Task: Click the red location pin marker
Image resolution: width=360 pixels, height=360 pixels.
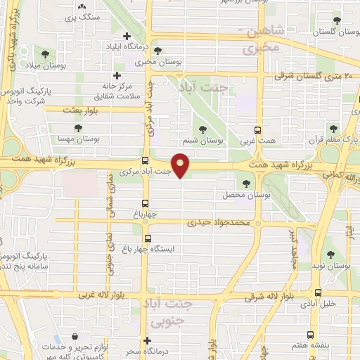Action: click(181, 167)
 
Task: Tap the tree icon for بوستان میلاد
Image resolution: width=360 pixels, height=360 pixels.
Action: click(44, 53)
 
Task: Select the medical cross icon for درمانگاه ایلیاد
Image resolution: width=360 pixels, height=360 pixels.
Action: click(127, 37)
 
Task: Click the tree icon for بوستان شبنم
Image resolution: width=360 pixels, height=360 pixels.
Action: click(202, 129)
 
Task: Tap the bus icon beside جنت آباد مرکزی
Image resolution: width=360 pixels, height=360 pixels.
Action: click(146, 160)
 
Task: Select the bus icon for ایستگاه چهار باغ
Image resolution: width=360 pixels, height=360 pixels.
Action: click(146, 238)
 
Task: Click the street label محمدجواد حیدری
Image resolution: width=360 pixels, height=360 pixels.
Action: click(219, 222)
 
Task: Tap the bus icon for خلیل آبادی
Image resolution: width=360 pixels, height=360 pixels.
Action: click(319, 293)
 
